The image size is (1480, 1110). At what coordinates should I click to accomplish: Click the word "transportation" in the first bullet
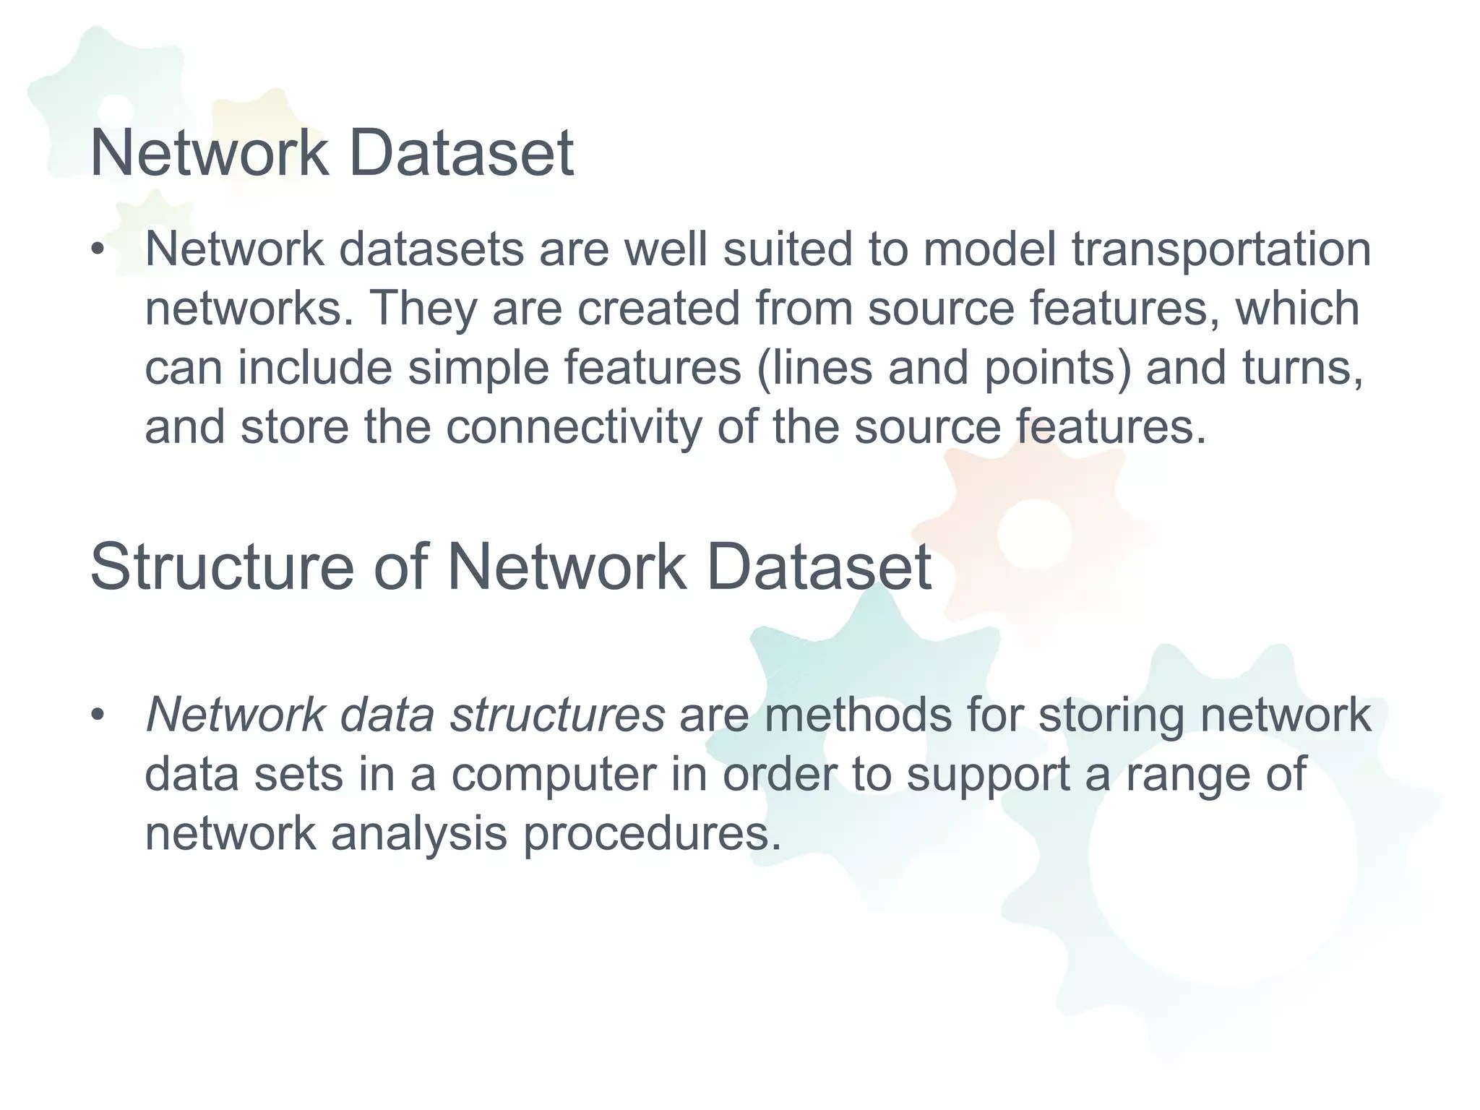pos(1221,249)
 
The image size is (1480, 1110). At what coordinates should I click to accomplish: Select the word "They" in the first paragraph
pos(423,309)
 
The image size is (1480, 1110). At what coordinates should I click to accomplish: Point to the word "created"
pos(658,309)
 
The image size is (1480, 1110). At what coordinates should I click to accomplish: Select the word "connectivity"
pos(573,427)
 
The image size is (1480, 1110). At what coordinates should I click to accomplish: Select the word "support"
pos(987,775)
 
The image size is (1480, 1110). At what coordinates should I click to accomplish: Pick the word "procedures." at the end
pos(653,834)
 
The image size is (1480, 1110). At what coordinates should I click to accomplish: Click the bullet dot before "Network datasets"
pos(99,250)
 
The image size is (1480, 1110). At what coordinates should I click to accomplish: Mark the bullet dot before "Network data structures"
pos(99,715)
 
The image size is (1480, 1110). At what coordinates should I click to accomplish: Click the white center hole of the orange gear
pos(1034,533)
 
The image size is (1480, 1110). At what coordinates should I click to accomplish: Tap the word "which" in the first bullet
pos(1297,309)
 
